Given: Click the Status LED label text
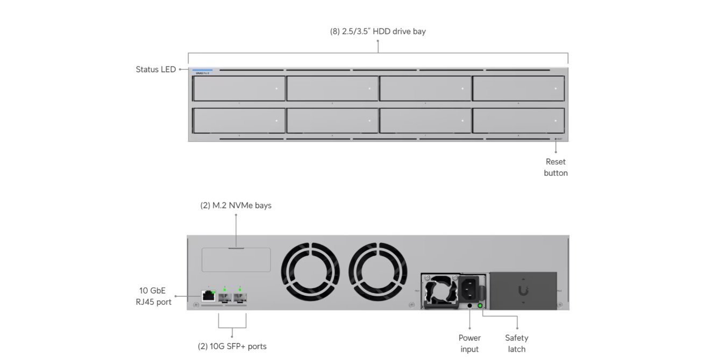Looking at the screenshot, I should pos(155,69).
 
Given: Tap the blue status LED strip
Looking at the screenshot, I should pos(202,70).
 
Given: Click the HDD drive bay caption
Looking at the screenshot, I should pos(378,31).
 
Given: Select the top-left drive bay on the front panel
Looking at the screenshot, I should pos(239,89).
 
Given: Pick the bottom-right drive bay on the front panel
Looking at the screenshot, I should pos(518,121).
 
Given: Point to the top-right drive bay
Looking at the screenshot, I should pos(518,89).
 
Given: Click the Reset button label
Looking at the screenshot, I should pos(556,167).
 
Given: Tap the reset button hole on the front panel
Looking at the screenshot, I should pos(556,139).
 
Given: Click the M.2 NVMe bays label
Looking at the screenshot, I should pos(236,205).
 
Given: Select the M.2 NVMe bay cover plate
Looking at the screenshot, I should pos(236,260).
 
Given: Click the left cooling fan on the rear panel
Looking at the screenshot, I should pos(310,271).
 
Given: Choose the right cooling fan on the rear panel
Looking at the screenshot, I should pos(378,271).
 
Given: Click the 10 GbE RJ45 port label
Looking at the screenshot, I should pos(154,296).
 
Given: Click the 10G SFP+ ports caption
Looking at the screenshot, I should pos(232,346).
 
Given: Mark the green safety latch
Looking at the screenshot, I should pos(480,306).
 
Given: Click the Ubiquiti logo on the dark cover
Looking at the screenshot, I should pos(523,291).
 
